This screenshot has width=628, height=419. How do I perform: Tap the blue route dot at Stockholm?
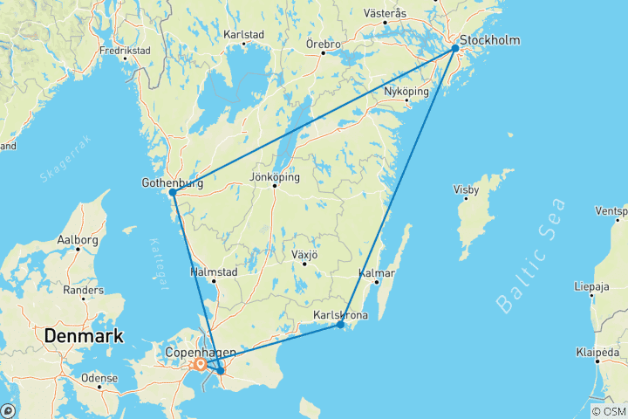pos(455,50)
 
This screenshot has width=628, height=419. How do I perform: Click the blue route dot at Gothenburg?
pos(174,192)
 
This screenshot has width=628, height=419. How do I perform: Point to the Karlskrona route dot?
pos(340,326)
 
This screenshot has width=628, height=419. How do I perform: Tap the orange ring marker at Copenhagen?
pos(201,364)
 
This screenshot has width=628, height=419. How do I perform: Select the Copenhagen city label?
pos(201,352)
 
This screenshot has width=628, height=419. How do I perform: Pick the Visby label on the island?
pos(466,189)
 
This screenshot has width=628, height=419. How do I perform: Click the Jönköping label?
pos(275,177)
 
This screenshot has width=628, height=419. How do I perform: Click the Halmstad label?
pos(214,271)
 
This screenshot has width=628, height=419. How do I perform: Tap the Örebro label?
pos(323,43)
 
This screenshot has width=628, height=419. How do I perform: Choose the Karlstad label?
pos(244,35)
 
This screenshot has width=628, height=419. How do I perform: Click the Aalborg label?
pos(78,239)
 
